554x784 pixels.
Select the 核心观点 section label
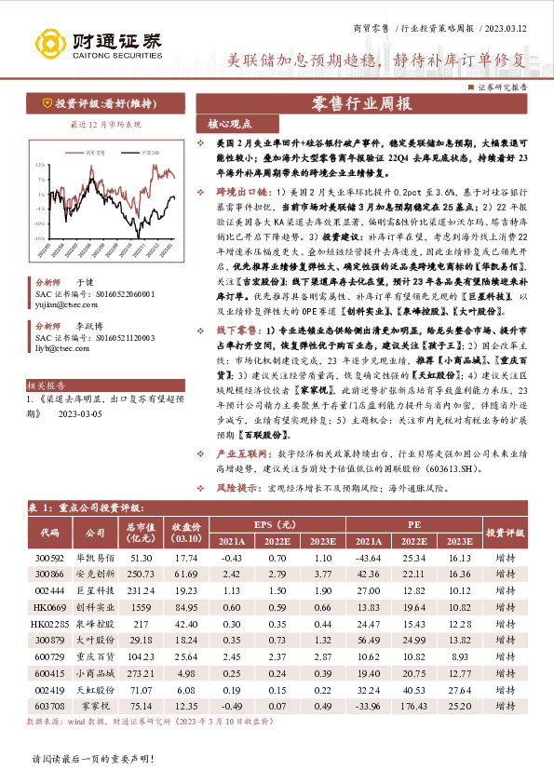coord(223,125)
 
